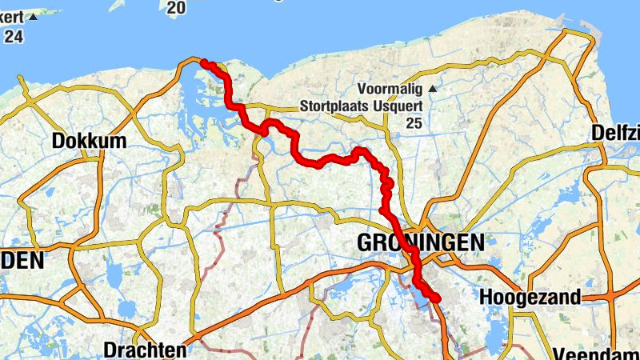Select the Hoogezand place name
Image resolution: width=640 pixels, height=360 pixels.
click(530, 298)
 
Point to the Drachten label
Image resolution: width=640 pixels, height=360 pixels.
click(145, 350)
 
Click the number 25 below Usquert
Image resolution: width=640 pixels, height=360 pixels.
click(413, 122)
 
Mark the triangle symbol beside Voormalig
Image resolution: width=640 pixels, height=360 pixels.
click(433, 89)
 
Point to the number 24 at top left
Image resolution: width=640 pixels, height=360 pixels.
click(14, 37)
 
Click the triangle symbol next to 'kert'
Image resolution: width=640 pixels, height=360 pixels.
click(33, 17)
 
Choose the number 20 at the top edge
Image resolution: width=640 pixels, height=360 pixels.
click(177, 7)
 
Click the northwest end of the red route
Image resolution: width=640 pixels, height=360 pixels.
click(205, 62)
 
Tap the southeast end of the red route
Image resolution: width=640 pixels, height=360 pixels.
click(437, 299)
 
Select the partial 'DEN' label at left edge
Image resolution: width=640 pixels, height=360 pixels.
click(21, 261)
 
